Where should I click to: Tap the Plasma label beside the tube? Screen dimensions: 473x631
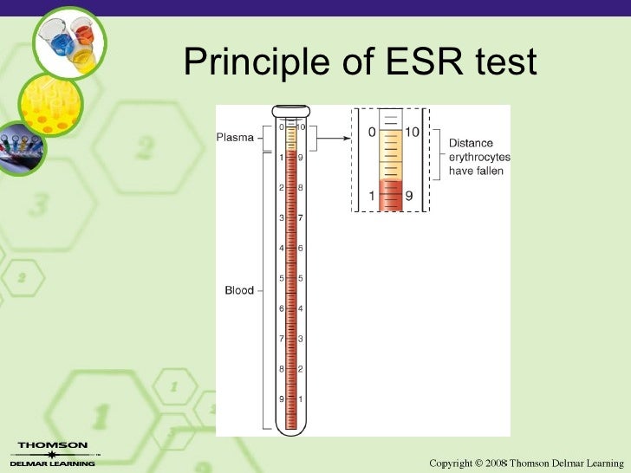point(235,137)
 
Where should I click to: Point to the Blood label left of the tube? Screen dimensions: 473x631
point(238,290)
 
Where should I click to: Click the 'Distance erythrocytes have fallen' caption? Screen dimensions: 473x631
point(479,157)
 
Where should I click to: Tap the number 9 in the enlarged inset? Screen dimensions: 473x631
point(409,196)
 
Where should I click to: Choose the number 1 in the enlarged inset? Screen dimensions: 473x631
point(370,196)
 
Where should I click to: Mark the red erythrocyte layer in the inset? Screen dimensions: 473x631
point(392,194)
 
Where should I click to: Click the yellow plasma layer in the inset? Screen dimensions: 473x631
point(392,152)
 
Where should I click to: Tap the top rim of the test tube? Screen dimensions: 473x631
point(290,111)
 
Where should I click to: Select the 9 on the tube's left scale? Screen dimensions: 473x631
point(281,398)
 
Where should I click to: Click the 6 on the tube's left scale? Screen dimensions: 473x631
point(281,308)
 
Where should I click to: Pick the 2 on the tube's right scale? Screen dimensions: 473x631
point(301,369)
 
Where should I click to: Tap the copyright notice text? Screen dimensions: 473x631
point(526,463)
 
